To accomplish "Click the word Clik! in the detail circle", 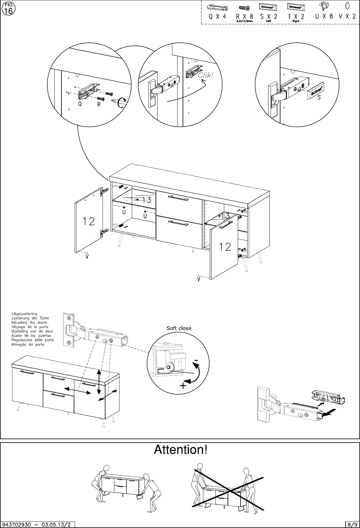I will (205, 75).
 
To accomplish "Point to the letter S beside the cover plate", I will (319, 98).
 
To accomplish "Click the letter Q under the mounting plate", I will (80, 104).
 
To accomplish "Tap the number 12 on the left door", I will (88, 221).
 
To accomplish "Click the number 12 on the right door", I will (225, 246).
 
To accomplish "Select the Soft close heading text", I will (178, 328).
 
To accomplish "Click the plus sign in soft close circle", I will (183, 386).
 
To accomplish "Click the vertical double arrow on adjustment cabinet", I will (99, 382).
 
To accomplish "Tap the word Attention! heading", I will (181, 450).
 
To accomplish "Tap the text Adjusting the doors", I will (29, 323).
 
